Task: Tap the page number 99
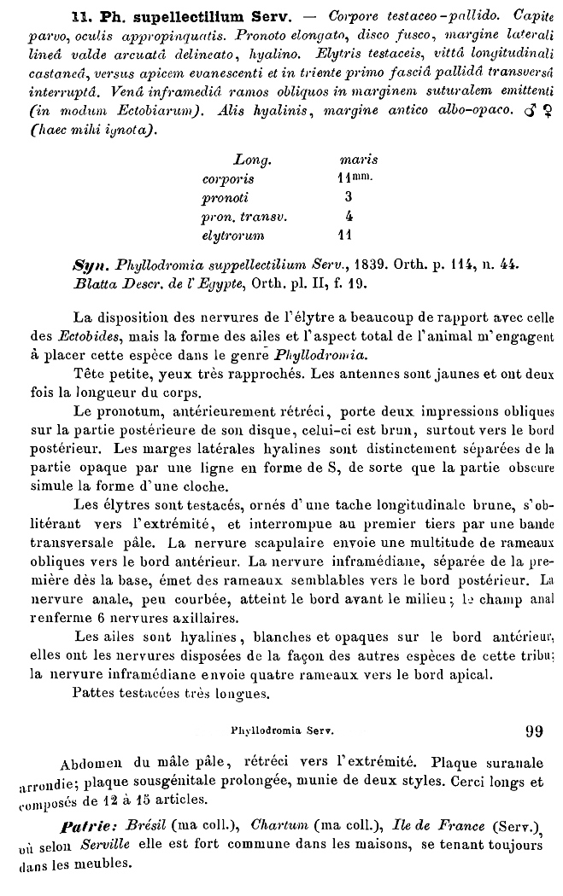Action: (x=534, y=730)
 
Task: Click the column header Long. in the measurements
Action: (x=252, y=160)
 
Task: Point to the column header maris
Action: (x=359, y=160)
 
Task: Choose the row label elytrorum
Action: (x=233, y=235)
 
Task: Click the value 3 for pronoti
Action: (x=349, y=197)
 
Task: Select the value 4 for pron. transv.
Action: (x=349, y=216)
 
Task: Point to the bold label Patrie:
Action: (x=93, y=827)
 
